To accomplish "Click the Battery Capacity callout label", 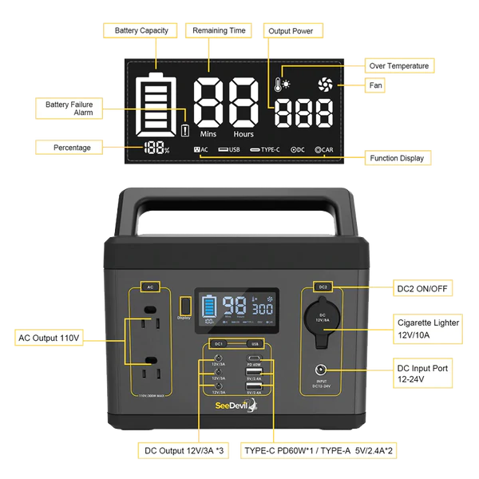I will (141, 30).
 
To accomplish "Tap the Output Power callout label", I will (295, 30).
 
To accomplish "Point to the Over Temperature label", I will (399, 65).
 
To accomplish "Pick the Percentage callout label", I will (72, 147).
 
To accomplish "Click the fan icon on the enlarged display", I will (324, 84).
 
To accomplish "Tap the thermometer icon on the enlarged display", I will (279, 84).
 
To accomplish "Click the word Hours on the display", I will (243, 133).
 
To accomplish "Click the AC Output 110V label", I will (49, 338).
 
